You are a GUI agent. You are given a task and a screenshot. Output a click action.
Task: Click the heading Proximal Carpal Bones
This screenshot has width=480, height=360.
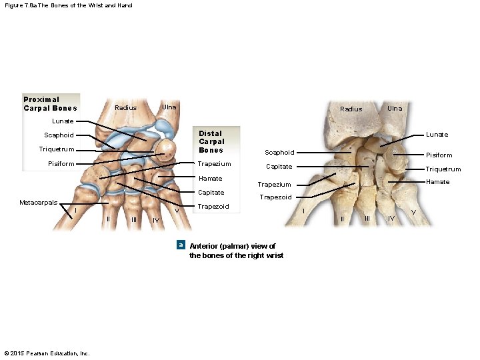[50, 104]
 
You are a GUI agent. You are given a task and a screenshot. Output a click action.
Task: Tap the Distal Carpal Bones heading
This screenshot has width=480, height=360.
[211, 141]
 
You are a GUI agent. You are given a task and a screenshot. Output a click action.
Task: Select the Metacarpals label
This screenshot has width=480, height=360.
[38, 202]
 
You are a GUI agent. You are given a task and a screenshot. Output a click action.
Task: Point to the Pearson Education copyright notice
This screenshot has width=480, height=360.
[47, 353]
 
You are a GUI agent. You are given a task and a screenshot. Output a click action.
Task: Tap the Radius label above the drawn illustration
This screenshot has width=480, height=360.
[125, 108]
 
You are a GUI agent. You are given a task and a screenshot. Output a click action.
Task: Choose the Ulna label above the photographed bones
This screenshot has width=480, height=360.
[395, 108]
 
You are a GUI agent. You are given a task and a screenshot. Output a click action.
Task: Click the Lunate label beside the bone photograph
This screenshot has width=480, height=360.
[437, 135]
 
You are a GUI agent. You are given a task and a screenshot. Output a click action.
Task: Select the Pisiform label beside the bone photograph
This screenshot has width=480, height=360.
[439, 155]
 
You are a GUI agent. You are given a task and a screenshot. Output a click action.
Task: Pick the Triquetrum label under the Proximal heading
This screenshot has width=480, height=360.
[57, 149]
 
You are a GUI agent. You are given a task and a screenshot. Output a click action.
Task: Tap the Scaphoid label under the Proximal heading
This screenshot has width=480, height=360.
[59, 135]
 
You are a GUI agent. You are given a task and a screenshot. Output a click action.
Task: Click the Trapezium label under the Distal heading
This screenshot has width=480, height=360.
[215, 164]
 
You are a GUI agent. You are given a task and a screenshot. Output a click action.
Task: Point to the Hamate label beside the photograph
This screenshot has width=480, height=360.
[438, 182]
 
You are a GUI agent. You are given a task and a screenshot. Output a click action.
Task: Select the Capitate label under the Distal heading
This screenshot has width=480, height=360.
[211, 193]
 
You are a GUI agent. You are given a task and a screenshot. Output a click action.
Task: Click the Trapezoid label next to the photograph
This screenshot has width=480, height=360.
[275, 197]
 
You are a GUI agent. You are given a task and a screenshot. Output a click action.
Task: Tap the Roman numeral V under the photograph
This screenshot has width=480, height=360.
[413, 212]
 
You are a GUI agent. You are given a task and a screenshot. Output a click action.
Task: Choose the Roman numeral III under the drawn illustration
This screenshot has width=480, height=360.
[134, 219]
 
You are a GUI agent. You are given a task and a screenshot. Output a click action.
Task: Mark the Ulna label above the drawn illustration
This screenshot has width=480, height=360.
[169, 107]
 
